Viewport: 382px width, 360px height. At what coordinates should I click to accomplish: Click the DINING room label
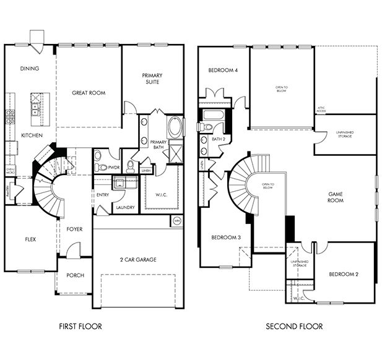point(30,69)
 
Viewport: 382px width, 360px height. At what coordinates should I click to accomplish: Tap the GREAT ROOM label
point(89,93)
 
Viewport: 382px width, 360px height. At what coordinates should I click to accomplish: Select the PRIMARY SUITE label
point(153,79)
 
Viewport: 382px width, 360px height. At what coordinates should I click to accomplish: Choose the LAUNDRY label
point(126,208)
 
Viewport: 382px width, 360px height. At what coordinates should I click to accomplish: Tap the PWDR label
point(114,167)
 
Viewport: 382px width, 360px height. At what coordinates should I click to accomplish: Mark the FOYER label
point(74,229)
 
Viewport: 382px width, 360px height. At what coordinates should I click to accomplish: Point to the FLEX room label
point(30,238)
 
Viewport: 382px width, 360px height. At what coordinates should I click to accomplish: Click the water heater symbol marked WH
point(176,220)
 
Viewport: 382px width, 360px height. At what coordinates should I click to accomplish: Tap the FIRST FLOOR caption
point(80,326)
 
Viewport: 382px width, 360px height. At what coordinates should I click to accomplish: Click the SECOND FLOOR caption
point(294,326)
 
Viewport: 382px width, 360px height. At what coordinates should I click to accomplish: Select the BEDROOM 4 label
point(224,71)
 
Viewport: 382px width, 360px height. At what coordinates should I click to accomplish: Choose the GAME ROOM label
point(336,197)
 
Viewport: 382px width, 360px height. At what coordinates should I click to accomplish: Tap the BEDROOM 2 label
point(344,274)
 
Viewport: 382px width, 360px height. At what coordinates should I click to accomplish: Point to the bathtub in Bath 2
point(213,114)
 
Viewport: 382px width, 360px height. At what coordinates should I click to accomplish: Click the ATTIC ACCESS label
point(321,109)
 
